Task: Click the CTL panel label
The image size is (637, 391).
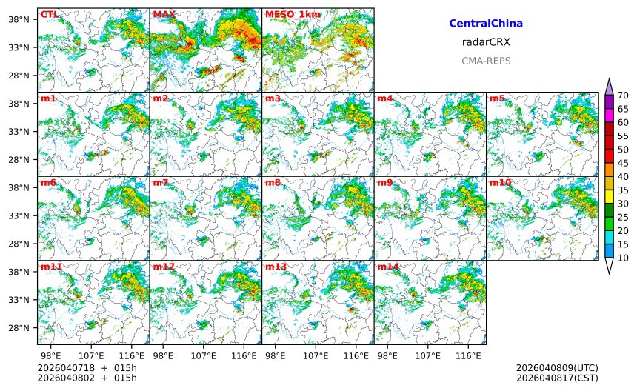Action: [49, 14]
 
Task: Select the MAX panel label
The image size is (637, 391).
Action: [164, 14]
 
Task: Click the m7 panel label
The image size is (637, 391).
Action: [161, 182]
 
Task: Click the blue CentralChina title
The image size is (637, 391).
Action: [486, 24]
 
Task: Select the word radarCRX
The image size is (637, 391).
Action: [486, 42]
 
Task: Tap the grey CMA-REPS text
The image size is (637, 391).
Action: [486, 61]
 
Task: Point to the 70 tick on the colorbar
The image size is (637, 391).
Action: [623, 96]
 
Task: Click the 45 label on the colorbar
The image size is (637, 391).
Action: [623, 163]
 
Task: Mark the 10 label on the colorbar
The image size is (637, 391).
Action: [623, 258]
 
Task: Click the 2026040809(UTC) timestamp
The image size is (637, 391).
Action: [557, 368]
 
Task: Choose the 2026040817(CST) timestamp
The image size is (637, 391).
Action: [557, 378]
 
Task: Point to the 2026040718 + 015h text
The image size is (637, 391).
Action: [82, 368]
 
